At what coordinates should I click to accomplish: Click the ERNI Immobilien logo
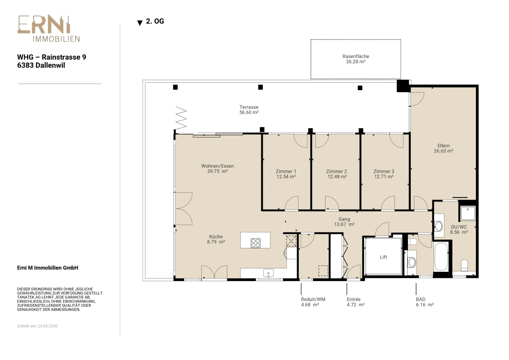pyautogui.click(x=49, y=28)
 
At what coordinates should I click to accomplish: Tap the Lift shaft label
pyautogui.click(x=383, y=257)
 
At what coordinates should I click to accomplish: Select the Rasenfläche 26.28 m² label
pyautogui.click(x=356, y=59)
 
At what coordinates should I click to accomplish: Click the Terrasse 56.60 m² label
pyautogui.click(x=249, y=110)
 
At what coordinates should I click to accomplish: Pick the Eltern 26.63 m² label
pyautogui.click(x=443, y=148)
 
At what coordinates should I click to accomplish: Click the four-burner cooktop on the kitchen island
pyautogui.click(x=255, y=243)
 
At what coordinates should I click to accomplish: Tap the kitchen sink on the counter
pyautogui.click(x=268, y=273)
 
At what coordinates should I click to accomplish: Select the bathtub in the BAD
pyautogui.click(x=441, y=256)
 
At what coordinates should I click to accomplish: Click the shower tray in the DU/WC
pyautogui.click(x=468, y=213)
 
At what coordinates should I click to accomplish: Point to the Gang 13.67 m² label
pyautogui.click(x=344, y=222)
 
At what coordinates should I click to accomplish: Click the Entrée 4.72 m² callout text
pyautogui.click(x=356, y=302)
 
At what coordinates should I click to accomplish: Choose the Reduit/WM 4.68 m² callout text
pyautogui.click(x=313, y=302)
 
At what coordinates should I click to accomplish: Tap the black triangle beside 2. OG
pyautogui.click(x=140, y=23)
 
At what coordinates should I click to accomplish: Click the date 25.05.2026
pyautogui.click(x=47, y=326)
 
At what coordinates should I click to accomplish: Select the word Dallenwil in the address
pyautogui.click(x=53, y=66)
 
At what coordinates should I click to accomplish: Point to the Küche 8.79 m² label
pyautogui.click(x=216, y=239)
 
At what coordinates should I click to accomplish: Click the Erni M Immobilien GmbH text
pyautogui.click(x=47, y=268)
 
